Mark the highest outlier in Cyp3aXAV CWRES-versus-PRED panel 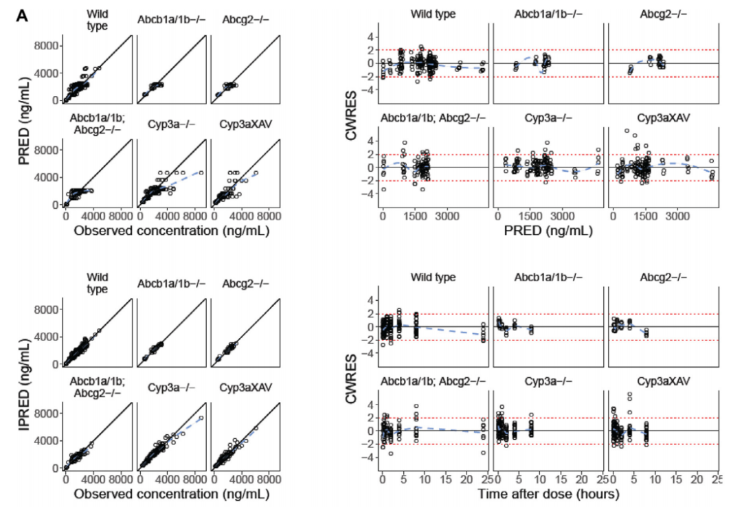click(x=627, y=131)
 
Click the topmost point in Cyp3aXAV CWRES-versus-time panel click(x=629, y=394)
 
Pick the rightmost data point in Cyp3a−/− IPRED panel click(x=201, y=418)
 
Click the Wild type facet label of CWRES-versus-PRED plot click(x=433, y=14)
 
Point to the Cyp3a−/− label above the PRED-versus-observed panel click(x=170, y=124)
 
